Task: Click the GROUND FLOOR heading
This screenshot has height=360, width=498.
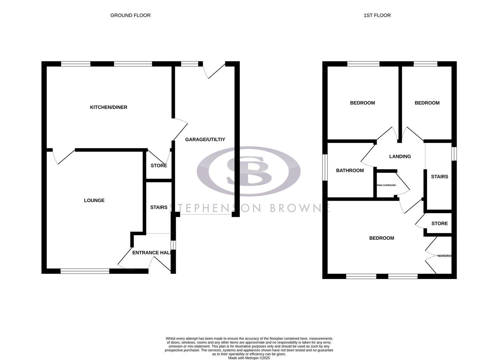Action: point(130,15)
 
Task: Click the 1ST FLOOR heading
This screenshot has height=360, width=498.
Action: point(377,15)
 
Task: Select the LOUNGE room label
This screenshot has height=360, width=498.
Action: point(94,200)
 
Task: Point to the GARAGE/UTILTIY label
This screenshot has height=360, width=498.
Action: point(205,139)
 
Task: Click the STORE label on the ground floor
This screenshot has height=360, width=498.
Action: point(158,166)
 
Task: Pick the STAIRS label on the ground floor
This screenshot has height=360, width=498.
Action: point(158,207)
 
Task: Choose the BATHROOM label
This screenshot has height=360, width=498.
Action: point(350,171)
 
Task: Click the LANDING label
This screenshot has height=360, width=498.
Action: point(400,156)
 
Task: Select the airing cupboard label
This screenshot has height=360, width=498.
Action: point(386,185)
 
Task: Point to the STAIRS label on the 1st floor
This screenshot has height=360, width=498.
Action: point(439,177)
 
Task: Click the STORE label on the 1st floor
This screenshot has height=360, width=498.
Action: point(439,223)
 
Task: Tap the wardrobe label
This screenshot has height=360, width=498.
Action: point(444,256)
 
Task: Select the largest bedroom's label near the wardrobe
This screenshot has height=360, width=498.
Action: point(381,238)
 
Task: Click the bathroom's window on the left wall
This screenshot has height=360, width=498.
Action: point(325,167)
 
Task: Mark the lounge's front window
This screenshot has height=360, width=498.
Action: point(85,271)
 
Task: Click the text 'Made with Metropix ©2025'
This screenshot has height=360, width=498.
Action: point(249,358)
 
